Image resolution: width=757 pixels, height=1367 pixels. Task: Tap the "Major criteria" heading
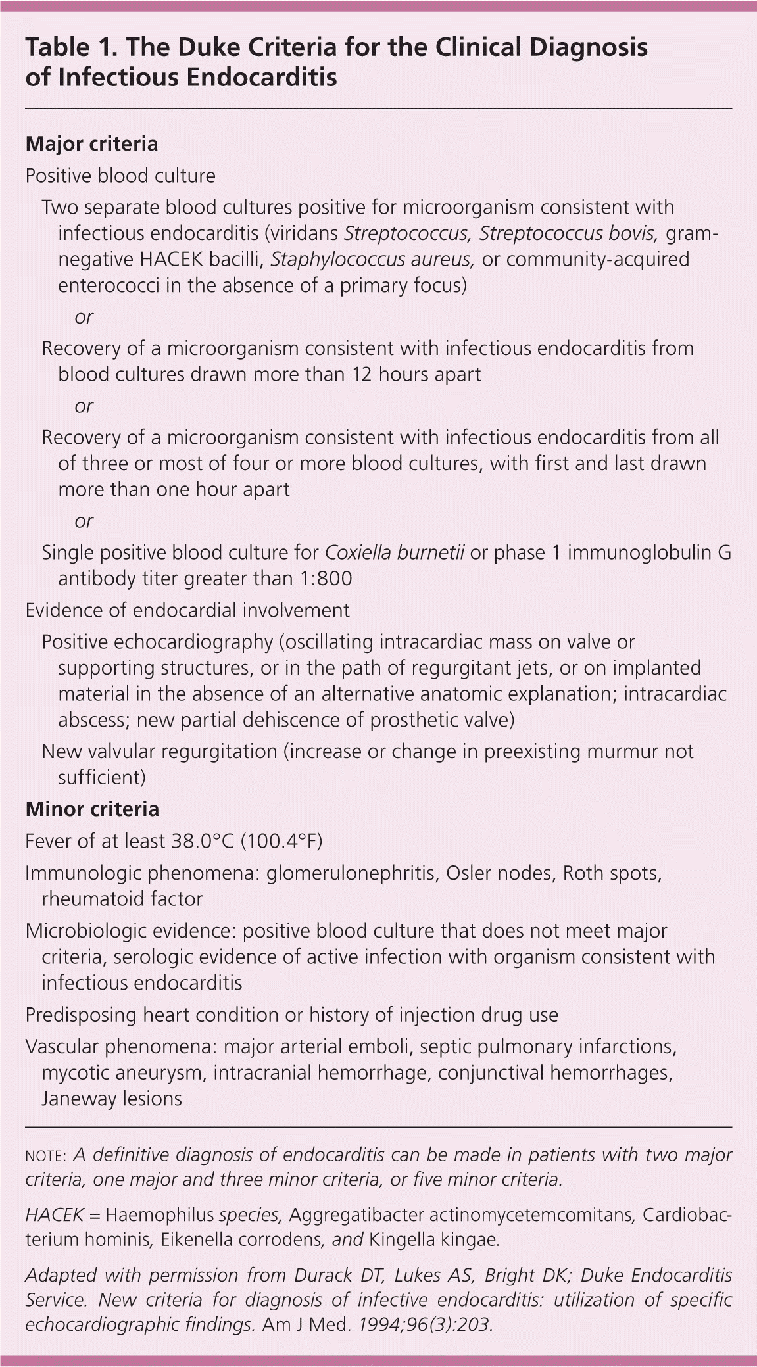pos(91,144)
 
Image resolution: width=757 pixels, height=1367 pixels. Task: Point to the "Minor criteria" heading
pos(92,809)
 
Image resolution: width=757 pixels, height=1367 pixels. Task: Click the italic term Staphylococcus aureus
pos(372,260)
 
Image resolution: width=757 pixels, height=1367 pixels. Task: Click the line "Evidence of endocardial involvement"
pos(187,610)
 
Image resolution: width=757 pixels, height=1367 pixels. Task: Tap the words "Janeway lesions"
pos(112,1098)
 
